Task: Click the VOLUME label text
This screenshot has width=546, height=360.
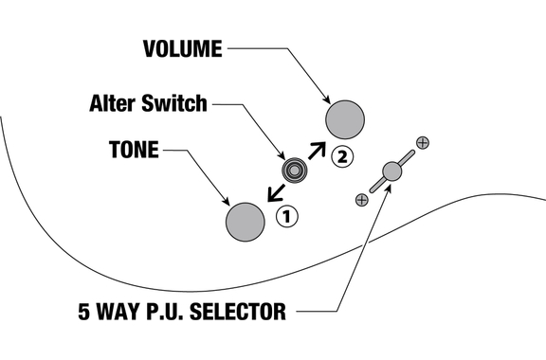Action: [x=182, y=48]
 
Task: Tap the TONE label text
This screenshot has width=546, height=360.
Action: [x=134, y=150]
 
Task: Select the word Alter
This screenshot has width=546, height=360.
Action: [x=114, y=103]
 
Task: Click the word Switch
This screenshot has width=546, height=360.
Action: [x=174, y=103]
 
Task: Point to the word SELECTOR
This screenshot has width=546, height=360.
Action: [x=238, y=312]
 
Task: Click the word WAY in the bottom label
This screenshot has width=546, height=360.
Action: [x=118, y=312]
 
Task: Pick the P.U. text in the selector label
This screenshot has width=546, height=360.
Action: [x=164, y=312]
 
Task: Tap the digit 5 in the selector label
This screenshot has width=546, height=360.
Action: [x=83, y=312]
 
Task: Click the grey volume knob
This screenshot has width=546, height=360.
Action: [x=345, y=119]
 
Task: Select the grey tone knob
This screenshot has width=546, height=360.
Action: [x=246, y=222]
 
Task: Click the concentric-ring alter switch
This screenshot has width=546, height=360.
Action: [x=294, y=171]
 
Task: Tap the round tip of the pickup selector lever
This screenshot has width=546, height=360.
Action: [x=391, y=171]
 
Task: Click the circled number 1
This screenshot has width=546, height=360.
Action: [x=287, y=217]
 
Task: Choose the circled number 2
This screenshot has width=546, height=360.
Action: [x=342, y=157]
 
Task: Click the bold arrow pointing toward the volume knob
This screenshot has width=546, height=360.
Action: [x=317, y=151]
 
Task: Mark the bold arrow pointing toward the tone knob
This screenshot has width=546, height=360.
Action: [x=276, y=193]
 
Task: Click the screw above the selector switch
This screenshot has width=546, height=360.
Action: [x=423, y=142]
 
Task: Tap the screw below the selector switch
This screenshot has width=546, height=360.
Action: [x=361, y=200]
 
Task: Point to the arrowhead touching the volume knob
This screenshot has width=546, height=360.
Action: [x=327, y=100]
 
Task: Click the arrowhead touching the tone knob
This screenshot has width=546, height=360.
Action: [x=227, y=202]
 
